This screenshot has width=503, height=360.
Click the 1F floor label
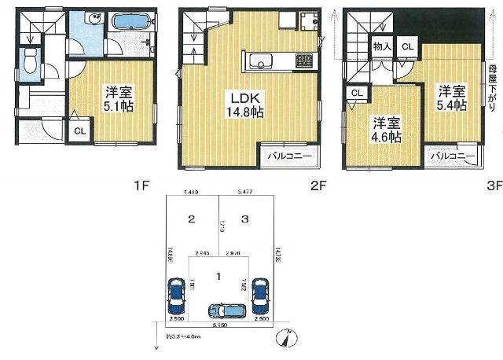[141, 186]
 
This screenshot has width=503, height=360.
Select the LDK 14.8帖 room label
[246, 104]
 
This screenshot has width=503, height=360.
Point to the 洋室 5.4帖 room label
[453, 97]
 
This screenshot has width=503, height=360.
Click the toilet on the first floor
[31, 61]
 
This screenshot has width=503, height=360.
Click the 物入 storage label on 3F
[382, 46]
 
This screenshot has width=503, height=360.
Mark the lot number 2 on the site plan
[190, 219]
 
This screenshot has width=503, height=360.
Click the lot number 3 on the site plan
[245, 219]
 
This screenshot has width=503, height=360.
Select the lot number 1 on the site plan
[218, 275]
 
